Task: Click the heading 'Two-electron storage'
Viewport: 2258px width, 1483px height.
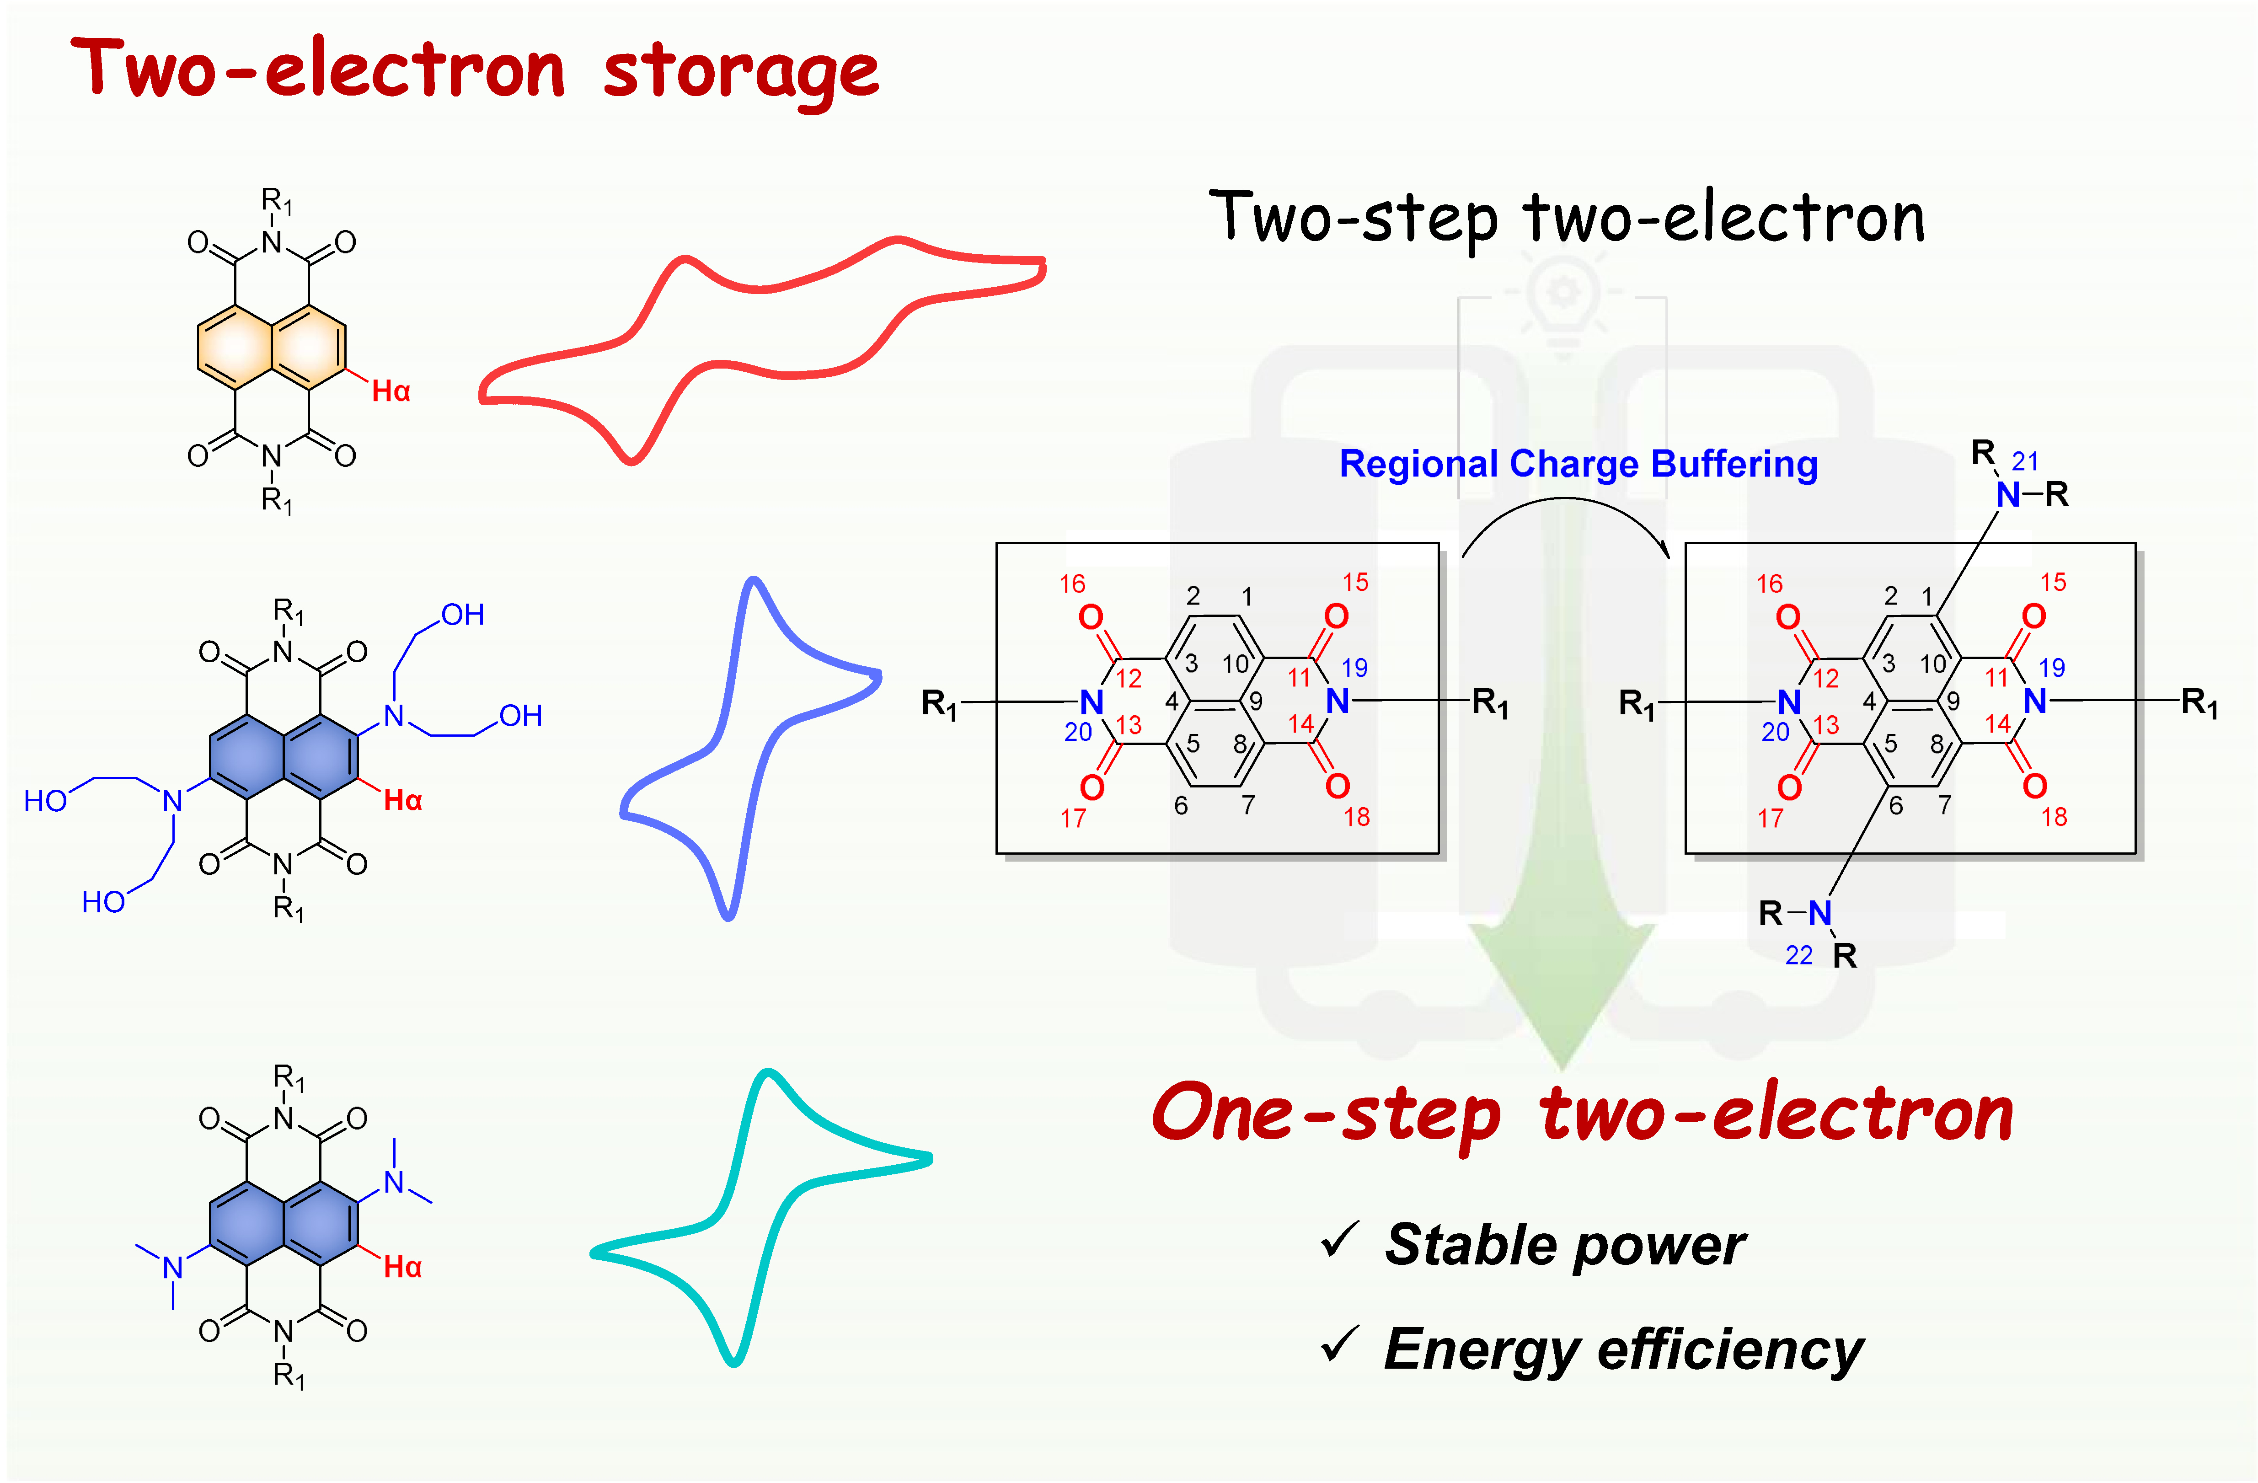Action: pyautogui.click(x=474, y=71)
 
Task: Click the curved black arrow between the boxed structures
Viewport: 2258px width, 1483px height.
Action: pyautogui.click(x=1565, y=517)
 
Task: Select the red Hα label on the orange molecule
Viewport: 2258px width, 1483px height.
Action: pyautogui.click(x=390, y=391)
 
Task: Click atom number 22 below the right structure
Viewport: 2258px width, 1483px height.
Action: pyautogui.click(x=1799, y=955)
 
